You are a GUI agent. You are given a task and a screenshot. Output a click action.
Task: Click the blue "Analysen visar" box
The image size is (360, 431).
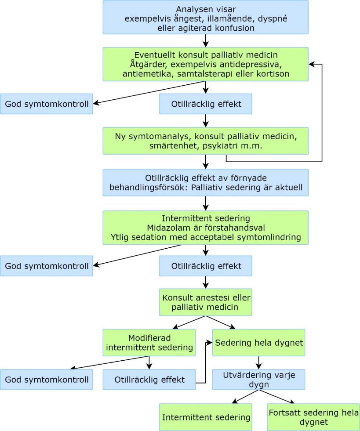(x=205, y=17)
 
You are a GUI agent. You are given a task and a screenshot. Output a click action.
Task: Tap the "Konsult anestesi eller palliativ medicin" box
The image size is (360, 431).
(x=205, y=302)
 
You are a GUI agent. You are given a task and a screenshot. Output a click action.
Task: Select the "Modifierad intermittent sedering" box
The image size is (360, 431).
(x=150, y=343)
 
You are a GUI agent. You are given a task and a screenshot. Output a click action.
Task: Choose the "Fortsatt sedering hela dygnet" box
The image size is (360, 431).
(x=313, y=417)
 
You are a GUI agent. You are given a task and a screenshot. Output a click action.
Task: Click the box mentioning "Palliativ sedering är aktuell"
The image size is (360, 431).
(x=205, y=185)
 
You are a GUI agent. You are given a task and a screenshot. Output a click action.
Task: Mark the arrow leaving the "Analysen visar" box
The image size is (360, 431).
(x=205, y=40)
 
